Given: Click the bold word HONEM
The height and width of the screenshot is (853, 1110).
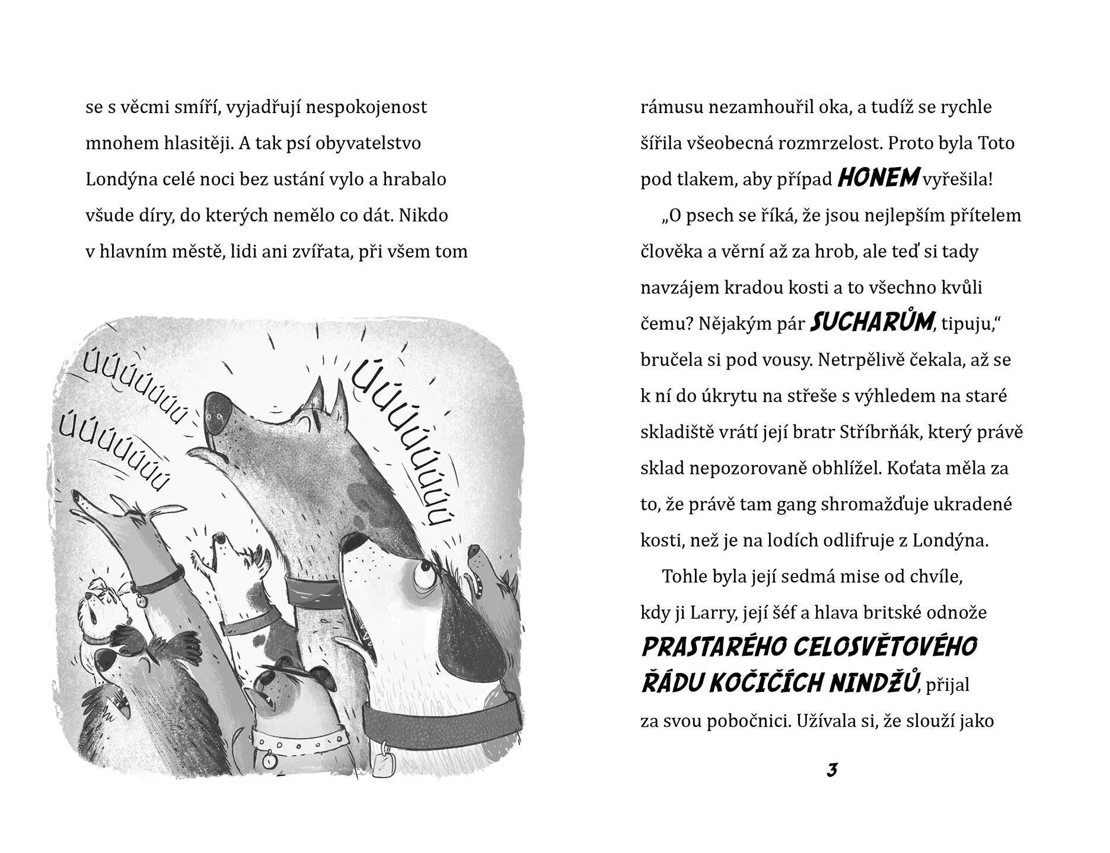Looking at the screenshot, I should (x=878, y=178).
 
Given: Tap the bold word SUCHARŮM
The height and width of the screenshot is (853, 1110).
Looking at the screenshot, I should (x=872, y=322).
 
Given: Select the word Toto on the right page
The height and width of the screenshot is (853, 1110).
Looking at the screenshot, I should (x=995, y=143).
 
